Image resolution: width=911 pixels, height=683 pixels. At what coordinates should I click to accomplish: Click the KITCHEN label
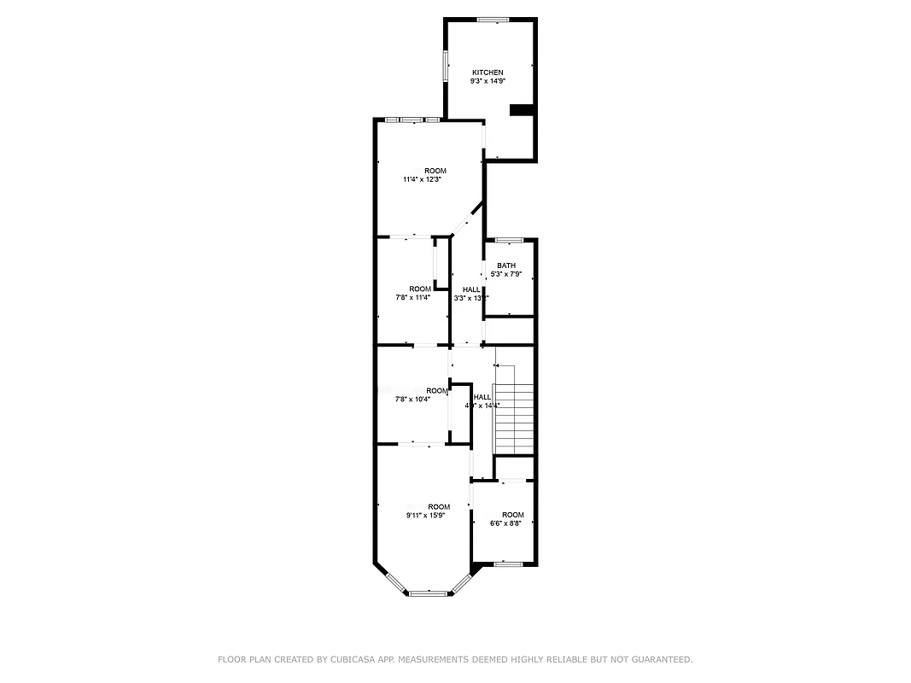488,73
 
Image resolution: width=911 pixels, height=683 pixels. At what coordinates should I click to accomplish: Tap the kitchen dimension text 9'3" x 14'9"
488,81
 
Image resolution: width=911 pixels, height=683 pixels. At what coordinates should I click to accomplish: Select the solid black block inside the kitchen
521,109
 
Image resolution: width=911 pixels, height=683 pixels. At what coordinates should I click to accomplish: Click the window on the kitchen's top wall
493,19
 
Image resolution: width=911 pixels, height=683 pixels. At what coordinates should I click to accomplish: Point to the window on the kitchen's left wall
445,66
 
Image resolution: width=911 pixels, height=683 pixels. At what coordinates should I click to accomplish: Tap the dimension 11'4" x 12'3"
424,180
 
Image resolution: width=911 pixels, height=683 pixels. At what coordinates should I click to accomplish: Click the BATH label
506,266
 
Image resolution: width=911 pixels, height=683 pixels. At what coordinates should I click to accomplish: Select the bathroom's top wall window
509,240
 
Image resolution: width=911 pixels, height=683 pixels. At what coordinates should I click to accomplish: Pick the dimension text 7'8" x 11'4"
413,297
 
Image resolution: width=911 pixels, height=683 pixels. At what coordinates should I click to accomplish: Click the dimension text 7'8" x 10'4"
413,400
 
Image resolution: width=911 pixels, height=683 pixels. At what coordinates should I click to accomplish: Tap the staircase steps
514,418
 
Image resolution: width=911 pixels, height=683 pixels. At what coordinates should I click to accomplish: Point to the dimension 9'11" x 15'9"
425,516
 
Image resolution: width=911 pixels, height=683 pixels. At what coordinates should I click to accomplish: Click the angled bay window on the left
395,582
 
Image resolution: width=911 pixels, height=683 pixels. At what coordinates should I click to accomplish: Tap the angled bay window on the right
461,582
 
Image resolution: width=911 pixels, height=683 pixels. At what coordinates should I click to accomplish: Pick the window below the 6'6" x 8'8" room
509,563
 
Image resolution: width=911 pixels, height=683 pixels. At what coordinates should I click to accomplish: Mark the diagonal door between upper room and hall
466,219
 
